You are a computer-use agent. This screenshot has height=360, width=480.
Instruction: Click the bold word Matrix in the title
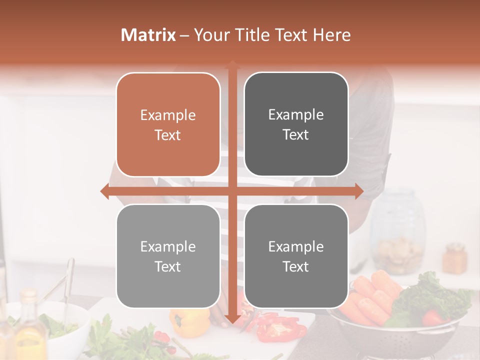tap(148, 35)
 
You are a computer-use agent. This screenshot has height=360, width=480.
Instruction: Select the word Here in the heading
tap(331, 35)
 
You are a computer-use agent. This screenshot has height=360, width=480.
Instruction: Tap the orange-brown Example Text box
tap(168, 125)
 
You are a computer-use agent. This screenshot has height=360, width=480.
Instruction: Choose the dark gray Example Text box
tap(296, 124)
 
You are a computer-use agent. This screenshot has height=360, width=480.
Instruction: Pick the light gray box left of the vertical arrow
tap(168, 256)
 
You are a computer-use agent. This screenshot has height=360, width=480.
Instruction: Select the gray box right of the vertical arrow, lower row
tap(296, 256)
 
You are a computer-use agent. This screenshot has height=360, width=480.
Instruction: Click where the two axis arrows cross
tap(232, 191)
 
